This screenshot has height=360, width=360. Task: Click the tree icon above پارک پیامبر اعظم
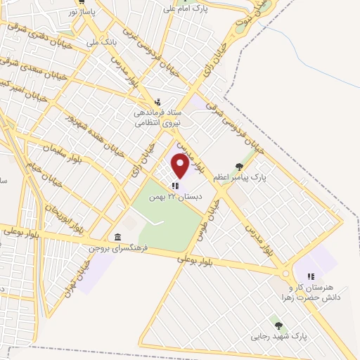240,167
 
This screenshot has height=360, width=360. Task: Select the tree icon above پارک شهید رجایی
278,326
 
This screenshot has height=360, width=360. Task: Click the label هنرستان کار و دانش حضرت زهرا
314,292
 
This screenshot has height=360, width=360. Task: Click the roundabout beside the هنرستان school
285,274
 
